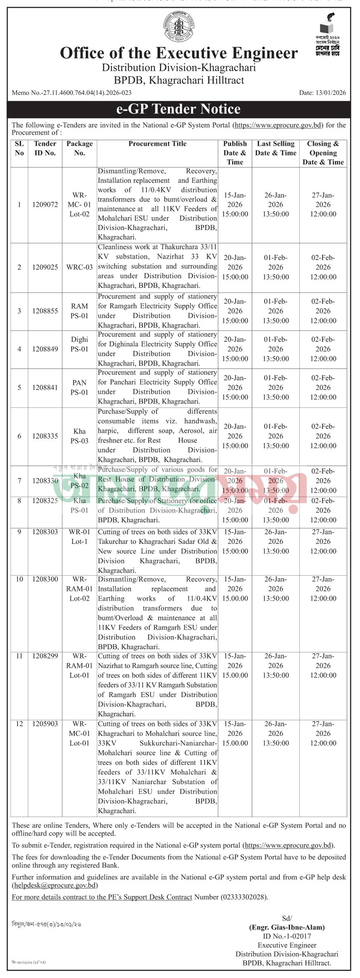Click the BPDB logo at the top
(179, 27)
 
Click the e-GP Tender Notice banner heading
(178, 109)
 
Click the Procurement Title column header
(157, 144)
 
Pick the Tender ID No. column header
(45, 148)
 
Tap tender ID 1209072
(45, 205)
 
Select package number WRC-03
(79, 267)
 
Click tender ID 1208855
(45, 311)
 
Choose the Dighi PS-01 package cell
(79, 344)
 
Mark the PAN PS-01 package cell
(79, 388)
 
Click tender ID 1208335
(45, 436)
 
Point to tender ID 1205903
(45, 724)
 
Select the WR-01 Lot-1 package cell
(79, 537)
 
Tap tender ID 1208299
(45, 656)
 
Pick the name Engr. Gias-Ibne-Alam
(287, 928)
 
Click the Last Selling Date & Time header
(275, 148)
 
